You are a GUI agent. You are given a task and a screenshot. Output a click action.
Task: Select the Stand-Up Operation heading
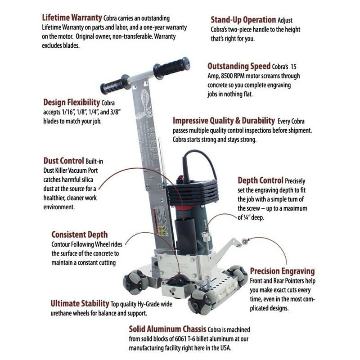click(243, 20)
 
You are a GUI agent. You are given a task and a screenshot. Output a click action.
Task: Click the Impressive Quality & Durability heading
click(224, 121)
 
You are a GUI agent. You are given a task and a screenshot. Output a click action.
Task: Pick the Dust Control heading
click(63, 161)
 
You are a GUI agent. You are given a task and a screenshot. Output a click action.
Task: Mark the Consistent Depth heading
click(79, 234)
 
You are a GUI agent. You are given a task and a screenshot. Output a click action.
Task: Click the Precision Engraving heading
click(282, 271)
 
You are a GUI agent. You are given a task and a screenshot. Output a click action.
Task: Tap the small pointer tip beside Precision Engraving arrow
click(245, 243)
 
